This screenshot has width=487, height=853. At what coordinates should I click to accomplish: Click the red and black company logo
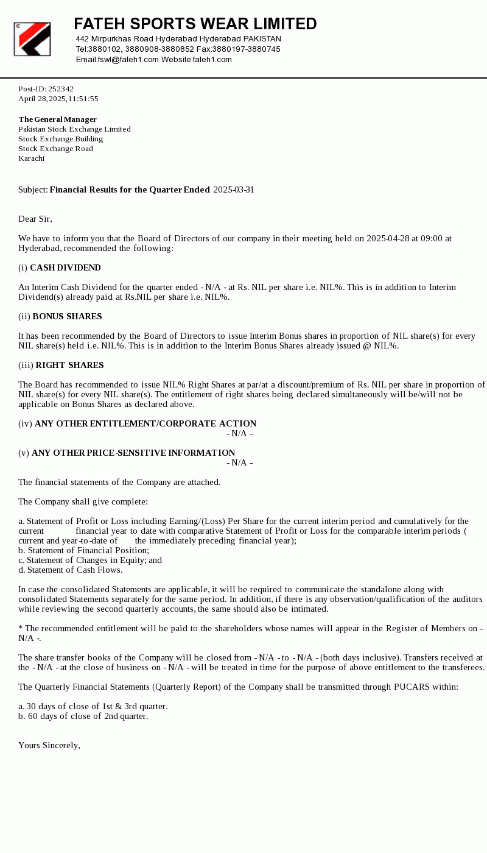[x=32, y=39]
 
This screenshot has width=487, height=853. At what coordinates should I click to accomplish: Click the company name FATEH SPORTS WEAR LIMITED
[x=195, y=24]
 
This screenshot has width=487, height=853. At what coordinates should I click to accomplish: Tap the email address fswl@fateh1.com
[x=128, y=60]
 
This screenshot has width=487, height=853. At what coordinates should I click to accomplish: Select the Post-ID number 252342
[x=61, y=89]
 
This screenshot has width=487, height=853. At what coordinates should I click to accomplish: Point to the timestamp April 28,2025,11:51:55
[x=58, y=99]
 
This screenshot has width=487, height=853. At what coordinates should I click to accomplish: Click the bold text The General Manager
[x=58, y=119]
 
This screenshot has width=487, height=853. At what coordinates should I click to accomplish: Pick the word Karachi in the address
[x=32, y=158]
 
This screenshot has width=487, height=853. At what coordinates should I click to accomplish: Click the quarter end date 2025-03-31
[x=233, y=189]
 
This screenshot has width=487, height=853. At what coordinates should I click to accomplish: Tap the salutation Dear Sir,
[x=35, y=219]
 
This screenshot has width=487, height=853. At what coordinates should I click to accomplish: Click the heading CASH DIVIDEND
[x=65, y=267]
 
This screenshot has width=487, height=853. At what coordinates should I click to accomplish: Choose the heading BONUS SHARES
[x=67, y=316]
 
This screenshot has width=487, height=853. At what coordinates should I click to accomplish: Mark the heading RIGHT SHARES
[x=69, y=365]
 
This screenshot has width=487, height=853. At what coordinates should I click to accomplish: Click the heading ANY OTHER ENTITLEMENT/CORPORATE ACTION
[x=145, y=423]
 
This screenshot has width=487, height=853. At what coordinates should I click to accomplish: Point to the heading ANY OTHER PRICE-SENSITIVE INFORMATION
[x=133, y=453]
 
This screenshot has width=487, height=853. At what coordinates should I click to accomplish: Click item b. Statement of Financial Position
[x=84, y=550]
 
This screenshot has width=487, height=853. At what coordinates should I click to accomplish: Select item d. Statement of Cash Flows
[x=71, y=570]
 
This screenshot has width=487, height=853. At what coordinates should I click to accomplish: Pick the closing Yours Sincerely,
[x=49, y=745]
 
